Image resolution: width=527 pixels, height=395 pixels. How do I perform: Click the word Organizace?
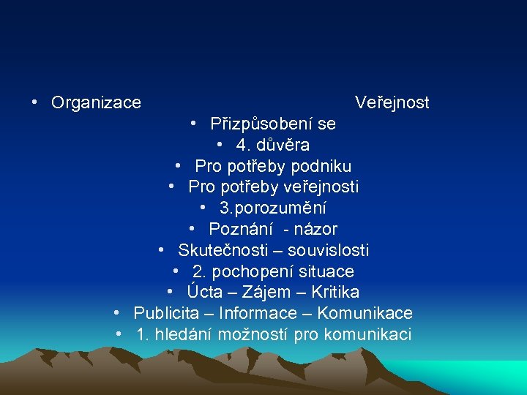96,103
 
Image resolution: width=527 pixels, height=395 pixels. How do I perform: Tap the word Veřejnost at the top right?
392,102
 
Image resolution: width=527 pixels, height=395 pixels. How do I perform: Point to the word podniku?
322,167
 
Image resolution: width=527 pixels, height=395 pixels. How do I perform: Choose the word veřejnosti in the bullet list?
321,187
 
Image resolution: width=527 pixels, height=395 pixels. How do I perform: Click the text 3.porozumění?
272,208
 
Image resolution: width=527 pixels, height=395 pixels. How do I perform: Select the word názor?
315,230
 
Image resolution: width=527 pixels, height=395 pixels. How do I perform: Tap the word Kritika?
334,293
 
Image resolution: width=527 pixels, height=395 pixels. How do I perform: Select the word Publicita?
166,314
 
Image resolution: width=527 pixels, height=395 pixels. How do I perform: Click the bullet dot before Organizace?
35,102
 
